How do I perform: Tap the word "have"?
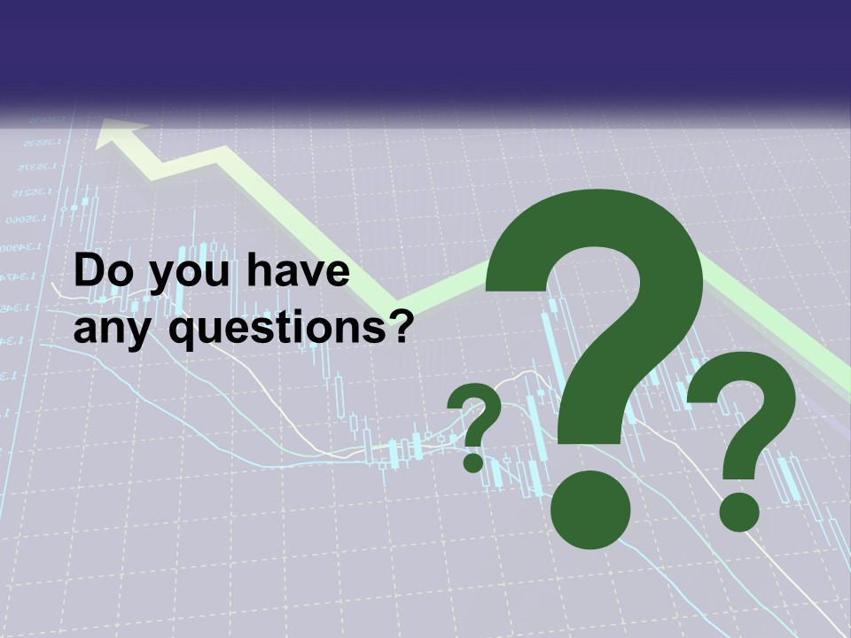click(x=297, y=272)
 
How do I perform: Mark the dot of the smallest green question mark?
click(x=472, y=461)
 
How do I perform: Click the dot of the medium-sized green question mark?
click(x=738, y=511)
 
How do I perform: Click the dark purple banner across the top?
click(x=425, y=49)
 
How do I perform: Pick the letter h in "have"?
click(x=256, y=272)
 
